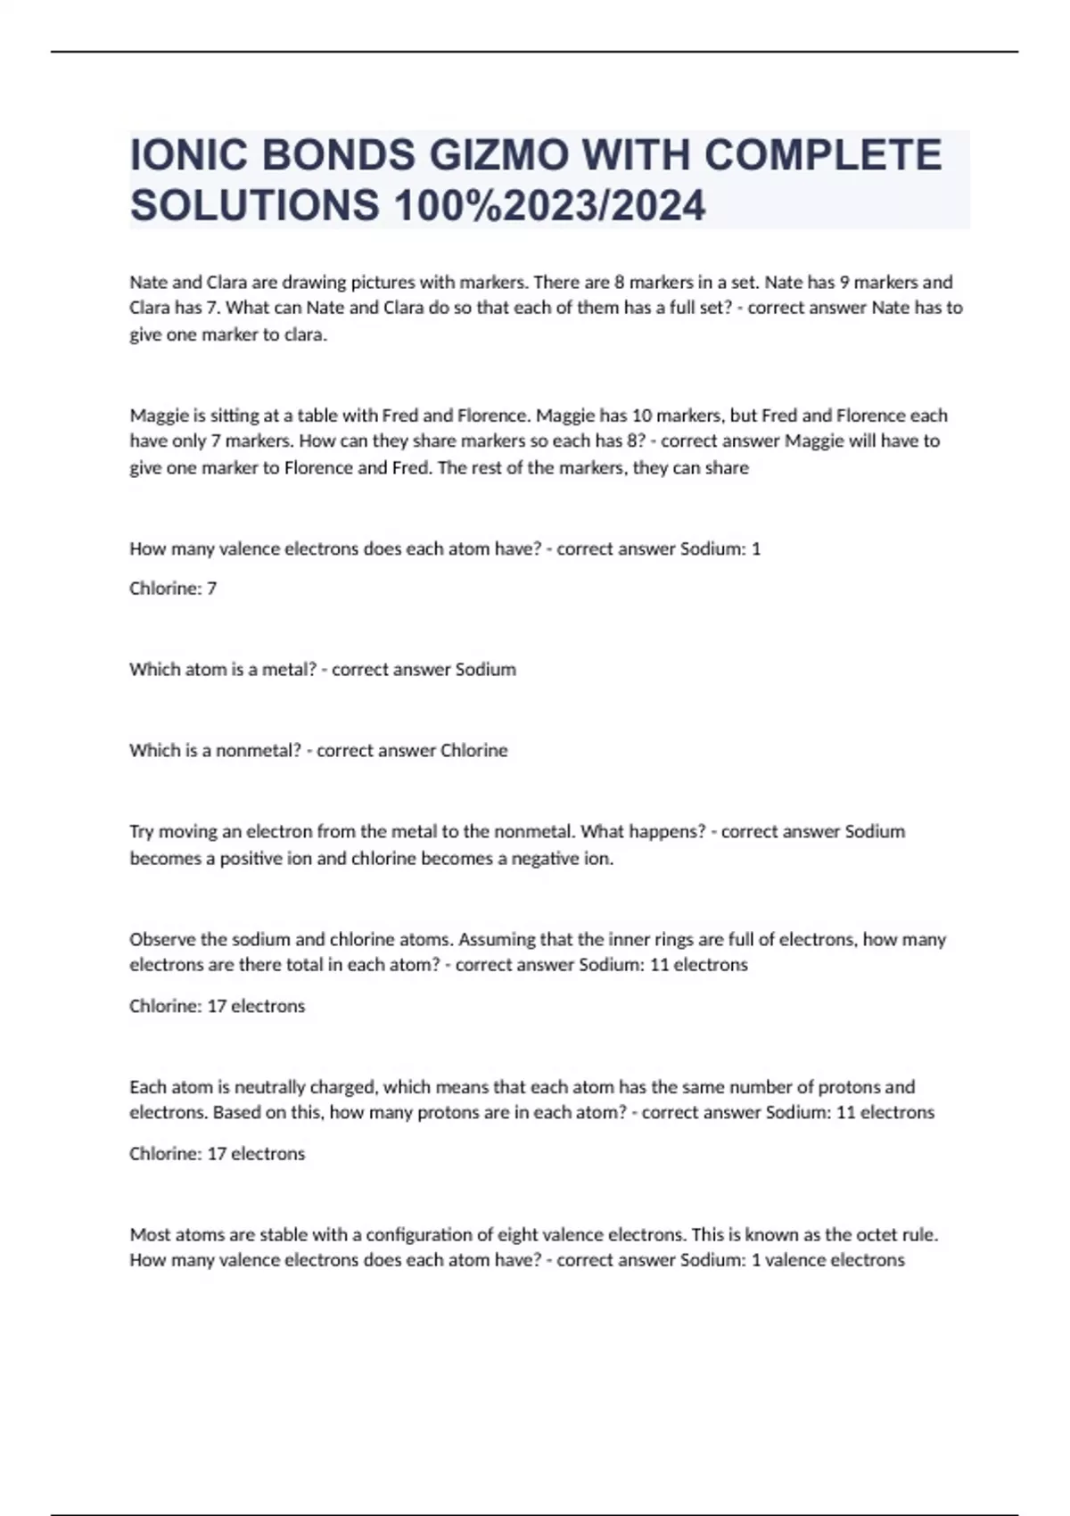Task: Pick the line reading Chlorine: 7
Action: pos(173,589)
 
